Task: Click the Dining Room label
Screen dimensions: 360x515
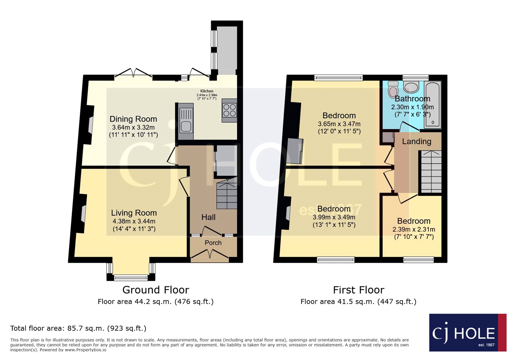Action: pyautogui.click(x=133, y=119)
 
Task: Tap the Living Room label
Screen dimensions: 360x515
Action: pyautogui.click(x=134, y=213)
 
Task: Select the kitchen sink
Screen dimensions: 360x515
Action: pyautogui.click(x=186, y=121)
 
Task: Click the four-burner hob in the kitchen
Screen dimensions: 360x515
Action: pyautogui.click(x=229, y=110)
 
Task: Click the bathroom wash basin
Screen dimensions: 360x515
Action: pyautogui.click(x=411, y=87)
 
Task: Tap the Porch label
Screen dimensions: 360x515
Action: pyautogui.click(x=213, y=243)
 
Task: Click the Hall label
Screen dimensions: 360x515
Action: pyautogui.click(x=208, y=217)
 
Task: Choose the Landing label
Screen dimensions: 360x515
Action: pyautogui.click(x=417, y=142)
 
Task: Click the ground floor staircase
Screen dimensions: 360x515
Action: pyautogui.click(x=227, y=195)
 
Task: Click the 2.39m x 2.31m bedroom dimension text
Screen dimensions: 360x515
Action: pyautogui.click(x=414, y=229)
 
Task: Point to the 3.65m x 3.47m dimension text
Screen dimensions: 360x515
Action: pyautogui.click(x=339, y=124)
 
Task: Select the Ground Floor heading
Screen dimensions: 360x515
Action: pyautogui.click(x=155, y=290)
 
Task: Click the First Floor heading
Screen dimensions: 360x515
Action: pyautogui.click(x=359, y=290)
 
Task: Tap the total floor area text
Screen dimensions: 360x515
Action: pyautogui.click(x=78, y=328)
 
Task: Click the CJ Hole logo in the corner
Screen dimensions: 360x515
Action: pyautogui.click(x=467, y=333)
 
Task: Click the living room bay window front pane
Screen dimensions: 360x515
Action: pyautogui.click(x=131, y=277)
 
